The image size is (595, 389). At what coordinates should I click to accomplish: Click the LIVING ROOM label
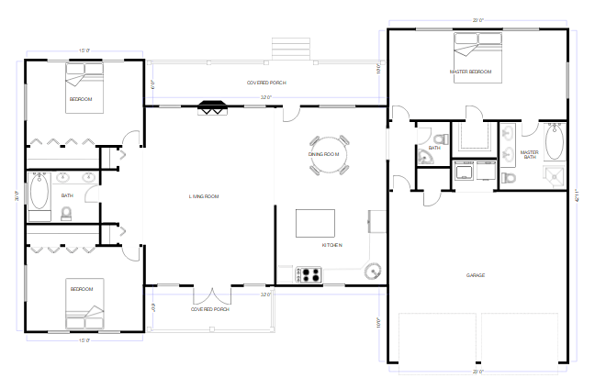click(204, 196)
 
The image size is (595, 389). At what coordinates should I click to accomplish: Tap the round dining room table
click(330, 153)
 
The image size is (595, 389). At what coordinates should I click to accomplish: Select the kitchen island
click(314, 223)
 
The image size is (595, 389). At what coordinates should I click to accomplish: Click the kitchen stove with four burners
click(309, 273)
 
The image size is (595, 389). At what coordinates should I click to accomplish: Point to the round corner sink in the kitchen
click(373, 271)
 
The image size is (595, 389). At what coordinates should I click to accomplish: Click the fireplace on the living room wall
click(212, 106)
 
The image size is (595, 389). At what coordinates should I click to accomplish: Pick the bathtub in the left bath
click(39, 194)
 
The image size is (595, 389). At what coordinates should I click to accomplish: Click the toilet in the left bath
click(66, 214)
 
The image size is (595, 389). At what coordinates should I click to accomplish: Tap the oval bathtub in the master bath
click(554, 143)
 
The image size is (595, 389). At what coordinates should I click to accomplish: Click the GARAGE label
click(475, 275)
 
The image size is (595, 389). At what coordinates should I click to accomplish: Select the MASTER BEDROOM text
click(470, 72)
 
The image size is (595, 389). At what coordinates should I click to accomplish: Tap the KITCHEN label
click(332, 245)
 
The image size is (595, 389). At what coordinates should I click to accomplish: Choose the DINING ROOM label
click(324, 154)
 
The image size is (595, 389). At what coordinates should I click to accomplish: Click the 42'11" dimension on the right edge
click(578, 197)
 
